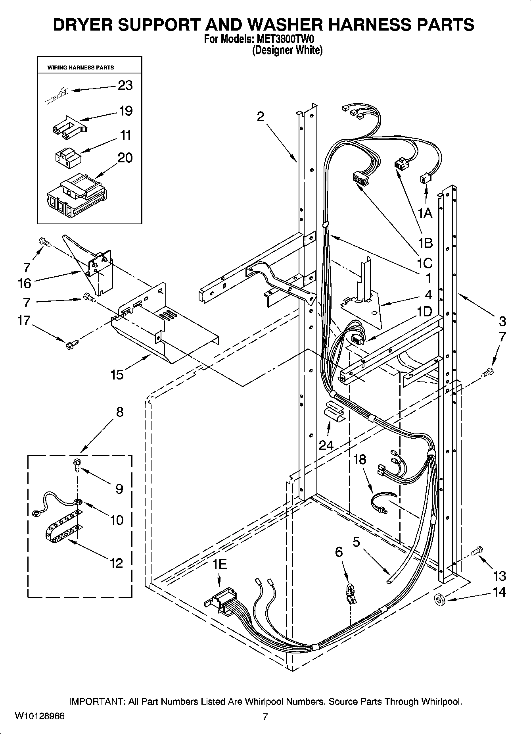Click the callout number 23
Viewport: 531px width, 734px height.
tap(125, 85)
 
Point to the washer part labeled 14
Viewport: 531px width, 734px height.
tap(439, 599)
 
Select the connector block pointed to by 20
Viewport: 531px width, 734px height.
tap(76, 195)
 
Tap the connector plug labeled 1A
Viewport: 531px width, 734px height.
tap(425, 179)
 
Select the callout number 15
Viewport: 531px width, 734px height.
tap(117, 375)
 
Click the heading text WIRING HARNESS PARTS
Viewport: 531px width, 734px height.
tap(81, 67)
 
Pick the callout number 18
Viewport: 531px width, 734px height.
tap(359, 460)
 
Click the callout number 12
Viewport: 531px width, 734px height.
tap(116, 563)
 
